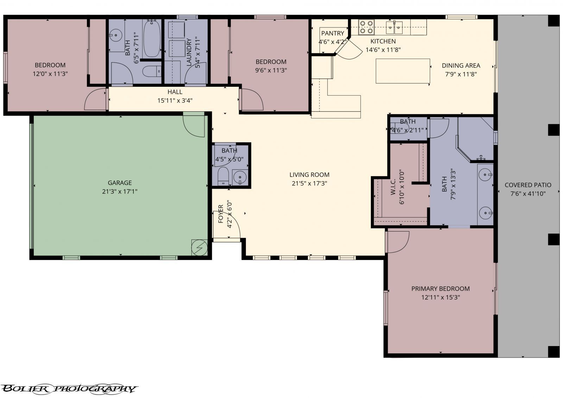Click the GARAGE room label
120,183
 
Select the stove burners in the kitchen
366,27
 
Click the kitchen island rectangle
403,71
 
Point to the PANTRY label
333,33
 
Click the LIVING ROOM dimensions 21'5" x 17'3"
309,183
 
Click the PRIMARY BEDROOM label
441,289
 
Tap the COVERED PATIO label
528,185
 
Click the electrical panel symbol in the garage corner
199,248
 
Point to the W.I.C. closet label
393,186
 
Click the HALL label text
175,92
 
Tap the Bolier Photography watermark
69,389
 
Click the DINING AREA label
461,66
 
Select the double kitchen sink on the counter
394,26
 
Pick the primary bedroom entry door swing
397,242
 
